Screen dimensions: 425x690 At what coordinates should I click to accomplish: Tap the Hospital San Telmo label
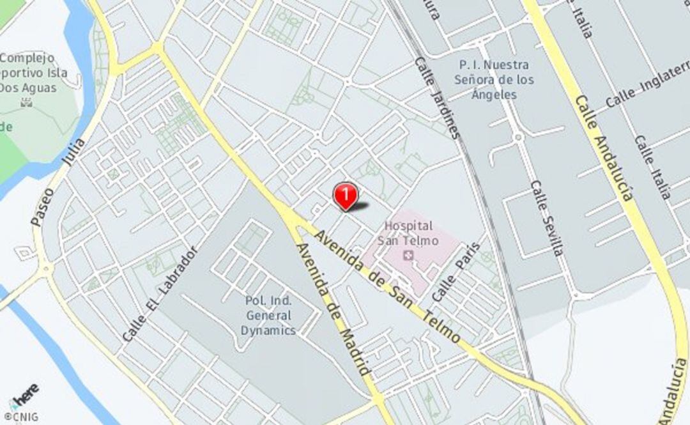point(408,233)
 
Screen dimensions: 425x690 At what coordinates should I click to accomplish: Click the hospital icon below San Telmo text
point(408,256)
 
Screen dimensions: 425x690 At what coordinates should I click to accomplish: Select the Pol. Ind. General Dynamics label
point(268,315)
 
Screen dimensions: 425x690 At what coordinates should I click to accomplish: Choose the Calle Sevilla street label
point(547,218)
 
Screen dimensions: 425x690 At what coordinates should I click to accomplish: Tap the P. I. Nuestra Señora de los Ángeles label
point(494,80)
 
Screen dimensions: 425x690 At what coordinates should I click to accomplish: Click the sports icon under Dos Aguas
point(26,102)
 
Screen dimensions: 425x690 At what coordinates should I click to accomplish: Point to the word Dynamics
point(268,330)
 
